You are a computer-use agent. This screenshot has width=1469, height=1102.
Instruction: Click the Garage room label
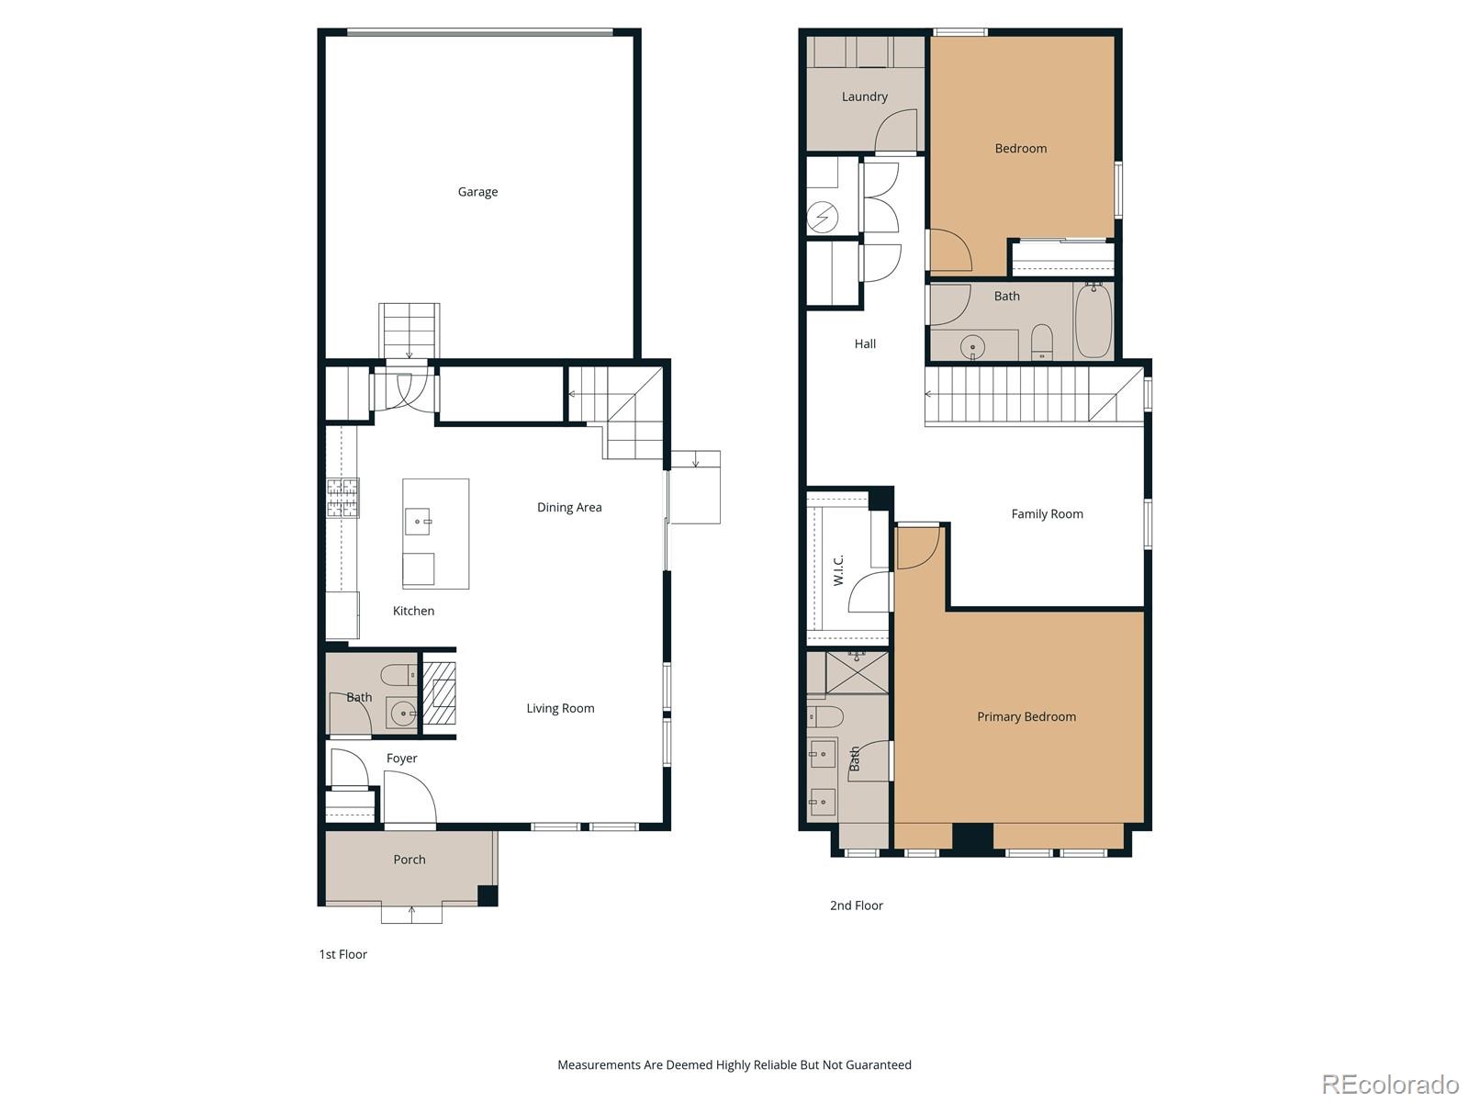coord(477,192)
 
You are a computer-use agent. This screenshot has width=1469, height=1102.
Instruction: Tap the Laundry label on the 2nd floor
coord(864,96)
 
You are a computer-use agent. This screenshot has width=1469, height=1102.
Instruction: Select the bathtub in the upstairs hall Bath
coord(1093,321)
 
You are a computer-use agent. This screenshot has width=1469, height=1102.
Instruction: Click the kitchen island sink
coord(419,522)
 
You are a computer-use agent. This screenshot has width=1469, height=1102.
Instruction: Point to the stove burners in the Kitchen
coord(342,498)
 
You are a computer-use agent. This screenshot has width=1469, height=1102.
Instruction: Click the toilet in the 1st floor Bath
coord(398,675)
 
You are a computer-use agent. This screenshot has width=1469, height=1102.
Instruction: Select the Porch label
coord(409,860)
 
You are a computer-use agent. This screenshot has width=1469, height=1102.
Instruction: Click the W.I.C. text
coord(838,569)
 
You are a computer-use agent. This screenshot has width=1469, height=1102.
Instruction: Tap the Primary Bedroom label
coord(1026,716)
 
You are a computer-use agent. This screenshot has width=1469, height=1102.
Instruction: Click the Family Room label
coord(1047,514)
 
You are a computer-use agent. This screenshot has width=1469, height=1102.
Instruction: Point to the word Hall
coord(865,343)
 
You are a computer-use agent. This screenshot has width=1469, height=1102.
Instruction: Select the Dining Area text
coord(569,507)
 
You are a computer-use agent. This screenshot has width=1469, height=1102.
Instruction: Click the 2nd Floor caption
coord(856,905)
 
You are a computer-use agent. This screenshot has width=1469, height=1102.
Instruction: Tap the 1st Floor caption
coord(342,954)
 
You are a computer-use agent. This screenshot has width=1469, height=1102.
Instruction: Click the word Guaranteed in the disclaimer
coord(878,1065)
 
